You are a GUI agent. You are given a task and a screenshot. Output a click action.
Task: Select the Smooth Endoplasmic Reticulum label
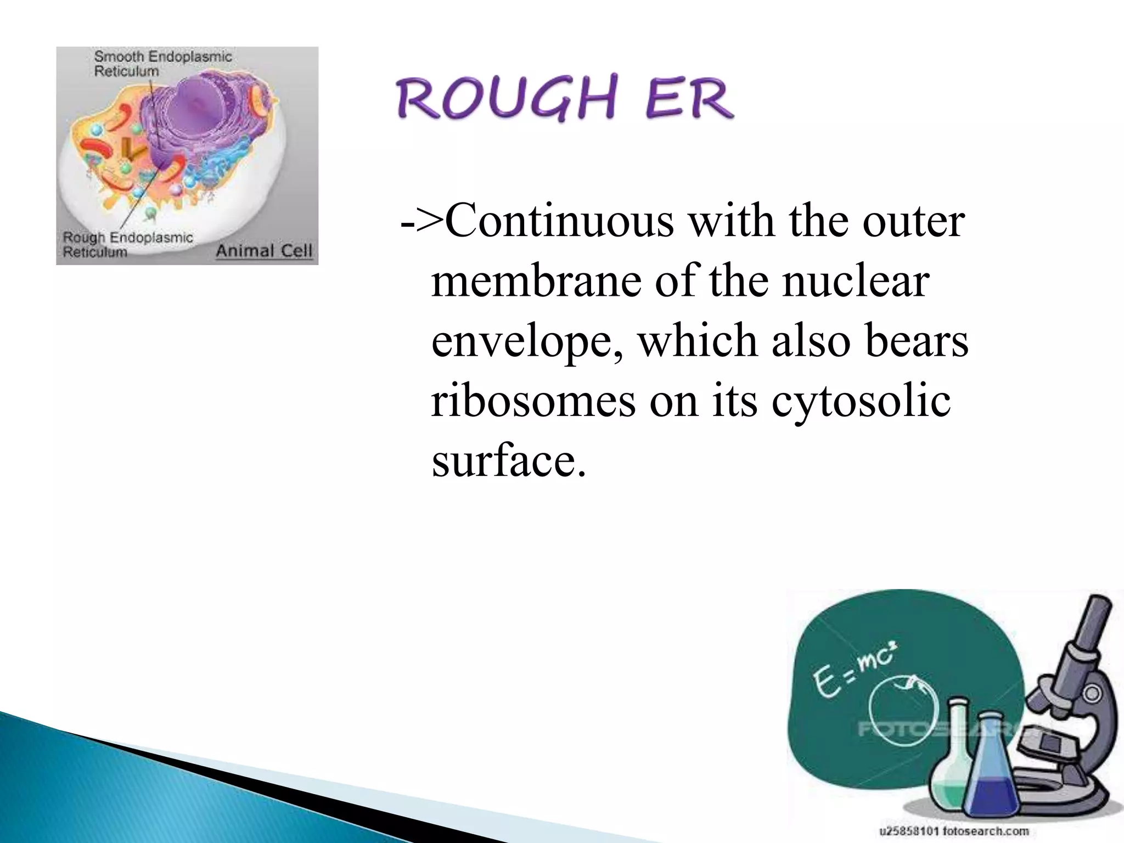click(162, 64)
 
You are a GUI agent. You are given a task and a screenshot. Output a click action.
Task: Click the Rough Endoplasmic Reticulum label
click(127, 245)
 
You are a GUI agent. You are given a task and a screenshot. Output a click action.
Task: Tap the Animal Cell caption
click(263, 251)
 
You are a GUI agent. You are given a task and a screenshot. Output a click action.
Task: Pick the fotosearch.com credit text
click(955, 831)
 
